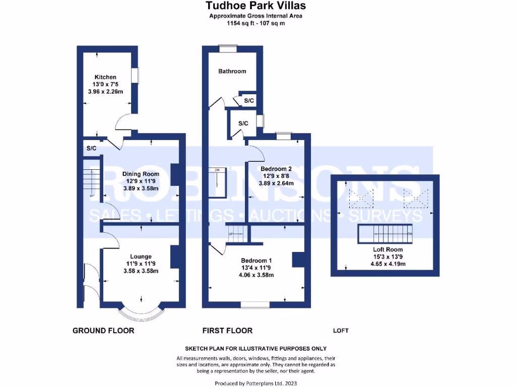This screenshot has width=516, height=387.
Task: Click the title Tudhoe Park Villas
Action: pos(255,6)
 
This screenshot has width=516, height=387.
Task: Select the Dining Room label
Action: pos(137,174)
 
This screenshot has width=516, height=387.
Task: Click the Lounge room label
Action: pos(141,256)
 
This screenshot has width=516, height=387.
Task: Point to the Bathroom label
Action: pos(232,71)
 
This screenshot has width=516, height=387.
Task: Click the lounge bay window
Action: pos(141,314)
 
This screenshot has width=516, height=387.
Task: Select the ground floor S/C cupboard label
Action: pos(91,149)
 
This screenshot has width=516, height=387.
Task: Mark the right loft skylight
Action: pos(416,199)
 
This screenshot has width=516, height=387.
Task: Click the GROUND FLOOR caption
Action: pos(103,331)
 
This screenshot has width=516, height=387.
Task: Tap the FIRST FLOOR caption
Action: pos(227,331)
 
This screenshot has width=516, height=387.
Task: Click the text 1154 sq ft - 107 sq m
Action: pos(255,23)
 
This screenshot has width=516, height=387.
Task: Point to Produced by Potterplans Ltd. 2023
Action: pos(255,383)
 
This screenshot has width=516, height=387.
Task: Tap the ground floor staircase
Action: pos(91,179)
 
